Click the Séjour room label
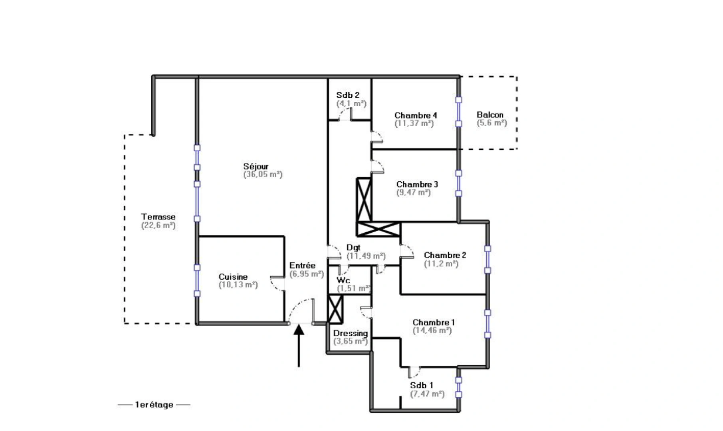point(256,166)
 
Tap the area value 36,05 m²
point(263,175)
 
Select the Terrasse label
point(158,217)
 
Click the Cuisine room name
point(233,277)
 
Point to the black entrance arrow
point(299,345)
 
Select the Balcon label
point(490,115)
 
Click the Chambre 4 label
point(416,115)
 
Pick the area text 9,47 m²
point(413,192)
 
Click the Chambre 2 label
point(445,255)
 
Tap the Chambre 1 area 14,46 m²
point(432,330)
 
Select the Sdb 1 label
point(421,386)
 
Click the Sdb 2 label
point(347,95)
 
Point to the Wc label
point(343,280)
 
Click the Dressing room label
point(350,333)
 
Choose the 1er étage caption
point(154,405)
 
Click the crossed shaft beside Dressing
point(335,309)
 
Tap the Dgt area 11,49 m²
point(366,256)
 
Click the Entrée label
point(302,265)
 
